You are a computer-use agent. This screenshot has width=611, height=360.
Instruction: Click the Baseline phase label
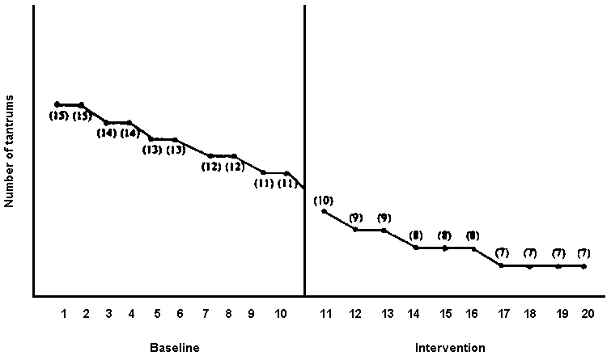[x=174, y=348]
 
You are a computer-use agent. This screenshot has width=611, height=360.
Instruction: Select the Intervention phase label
[x=450, y=348]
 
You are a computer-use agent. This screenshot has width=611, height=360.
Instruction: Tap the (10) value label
[x=324, y=200]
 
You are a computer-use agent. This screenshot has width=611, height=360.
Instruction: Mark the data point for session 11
[x=324, y=211]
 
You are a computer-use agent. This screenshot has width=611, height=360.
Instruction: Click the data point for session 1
[x=57, y=104]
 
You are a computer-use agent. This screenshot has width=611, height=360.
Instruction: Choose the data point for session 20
[x=583, y=265]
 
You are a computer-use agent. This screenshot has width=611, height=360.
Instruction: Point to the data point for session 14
[x=416, y=248]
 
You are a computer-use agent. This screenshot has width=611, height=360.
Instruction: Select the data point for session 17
[x=502, y=265]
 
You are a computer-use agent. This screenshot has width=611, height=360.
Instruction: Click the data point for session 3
[x=106, y=122]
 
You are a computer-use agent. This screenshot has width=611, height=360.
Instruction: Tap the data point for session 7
[x=210, y=155]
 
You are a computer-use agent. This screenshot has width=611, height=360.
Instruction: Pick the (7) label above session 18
[x=530, y=253]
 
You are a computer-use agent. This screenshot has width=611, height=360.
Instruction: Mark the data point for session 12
[x=355, y=230]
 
